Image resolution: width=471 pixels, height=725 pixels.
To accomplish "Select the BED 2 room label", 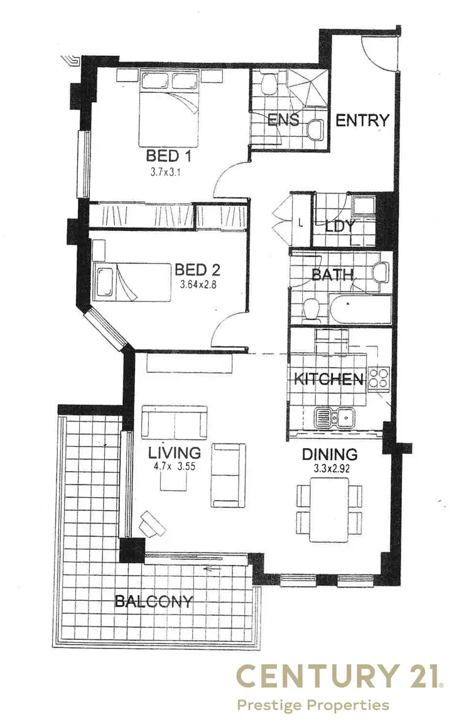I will point(197,270).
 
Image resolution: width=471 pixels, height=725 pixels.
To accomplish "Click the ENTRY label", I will point(362,121).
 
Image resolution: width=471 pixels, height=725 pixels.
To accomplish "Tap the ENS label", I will point(283,120).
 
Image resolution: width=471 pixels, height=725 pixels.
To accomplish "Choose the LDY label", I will point(341,226).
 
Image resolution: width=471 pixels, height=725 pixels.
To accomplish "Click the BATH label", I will point(333,274).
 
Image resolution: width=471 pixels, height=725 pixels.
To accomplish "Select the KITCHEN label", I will point(328,379).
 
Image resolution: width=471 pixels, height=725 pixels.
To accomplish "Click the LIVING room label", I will point(175,453).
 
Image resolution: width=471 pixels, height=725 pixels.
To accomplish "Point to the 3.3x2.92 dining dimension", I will point(330,468).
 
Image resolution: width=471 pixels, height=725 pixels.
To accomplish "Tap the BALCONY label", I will point(153,601).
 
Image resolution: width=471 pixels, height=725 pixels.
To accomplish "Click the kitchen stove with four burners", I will point(379,378).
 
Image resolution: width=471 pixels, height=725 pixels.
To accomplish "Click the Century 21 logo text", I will point(340,677).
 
